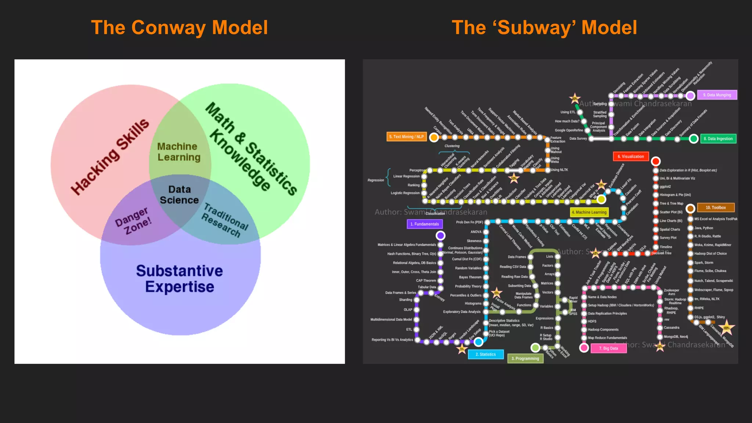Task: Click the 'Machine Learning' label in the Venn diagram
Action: tap(179, 152)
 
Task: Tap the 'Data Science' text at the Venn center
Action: tap(179, 195)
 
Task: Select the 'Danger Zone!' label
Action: tap(133, 221)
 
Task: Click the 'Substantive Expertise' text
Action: tap(179, 279)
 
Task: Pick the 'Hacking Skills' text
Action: tap(110, 156)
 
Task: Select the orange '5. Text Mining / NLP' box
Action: tap(406, 137)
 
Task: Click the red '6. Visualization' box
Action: tap(630, 156)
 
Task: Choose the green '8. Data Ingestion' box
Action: tap(718, 139)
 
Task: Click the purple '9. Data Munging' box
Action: tap(717, 95)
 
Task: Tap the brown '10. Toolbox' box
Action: tap(715, 207)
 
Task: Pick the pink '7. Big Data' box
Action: tap(608, 348)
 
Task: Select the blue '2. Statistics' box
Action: tap(485, 354)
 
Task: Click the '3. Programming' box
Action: tap(525, 358)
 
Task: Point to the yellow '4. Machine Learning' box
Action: tap(589, 212)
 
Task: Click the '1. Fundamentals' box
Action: tap(424, 224)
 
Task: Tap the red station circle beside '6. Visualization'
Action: tap(655, 161)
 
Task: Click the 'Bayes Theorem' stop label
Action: tap(470, 277)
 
